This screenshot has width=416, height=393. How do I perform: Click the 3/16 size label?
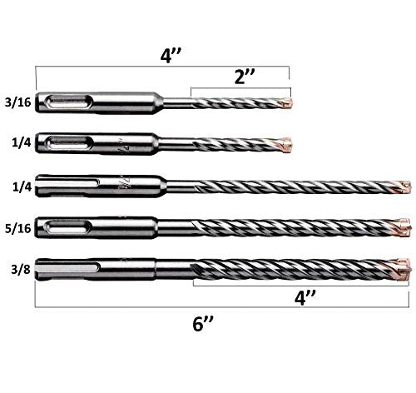click(x=17, y=102)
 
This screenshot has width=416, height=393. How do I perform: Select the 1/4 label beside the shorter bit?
click(x=21, y=142)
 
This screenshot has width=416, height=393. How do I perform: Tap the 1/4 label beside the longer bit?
click(x=22, y=187)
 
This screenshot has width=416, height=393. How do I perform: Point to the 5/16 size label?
click(x=17, y=228)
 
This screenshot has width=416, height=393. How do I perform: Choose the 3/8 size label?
click(x=21, y=269)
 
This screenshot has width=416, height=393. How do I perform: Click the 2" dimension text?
click(x=244, y=77)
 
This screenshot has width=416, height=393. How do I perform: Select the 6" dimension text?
click(x=203, y=323)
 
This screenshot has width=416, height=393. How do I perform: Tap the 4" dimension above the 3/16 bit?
click(x=171, y=56)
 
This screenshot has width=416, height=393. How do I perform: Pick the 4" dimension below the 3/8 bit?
click(x=305, y=298)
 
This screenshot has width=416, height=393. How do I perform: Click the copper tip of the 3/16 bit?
click(x=287, y=103)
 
